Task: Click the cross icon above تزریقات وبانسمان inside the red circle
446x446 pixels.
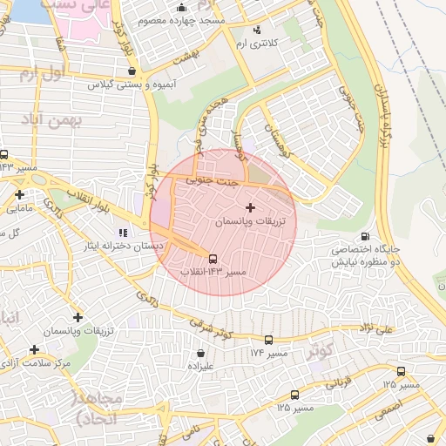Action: [x=251, y=207]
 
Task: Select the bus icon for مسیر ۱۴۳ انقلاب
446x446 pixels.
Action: [x=213, y=258]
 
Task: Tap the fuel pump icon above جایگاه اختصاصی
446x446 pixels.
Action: [x=363, y=235]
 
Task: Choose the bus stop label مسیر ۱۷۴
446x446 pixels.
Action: [x=268, y=353]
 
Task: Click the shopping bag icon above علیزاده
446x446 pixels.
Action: [x=202, y=354]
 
